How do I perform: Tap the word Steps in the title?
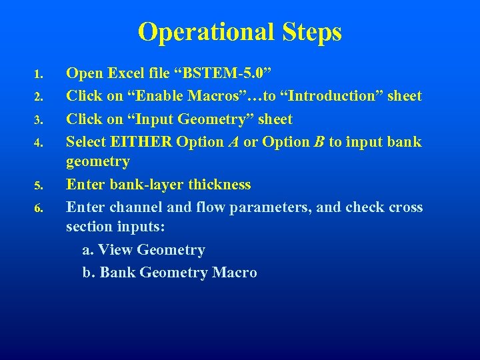tap(311, 32)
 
